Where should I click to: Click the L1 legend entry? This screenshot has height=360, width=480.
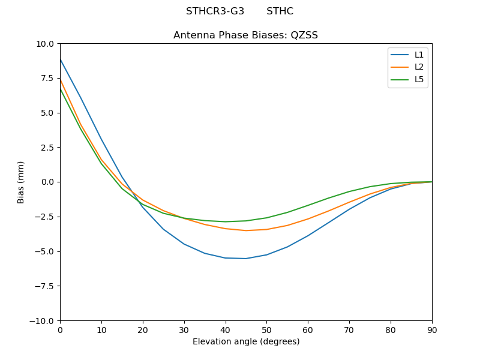419,55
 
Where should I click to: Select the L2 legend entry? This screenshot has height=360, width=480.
419,67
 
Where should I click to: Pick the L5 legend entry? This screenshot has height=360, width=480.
419,79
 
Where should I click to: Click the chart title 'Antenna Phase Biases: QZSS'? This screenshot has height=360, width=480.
245,35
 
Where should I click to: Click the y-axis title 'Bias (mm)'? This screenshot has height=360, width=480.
21,182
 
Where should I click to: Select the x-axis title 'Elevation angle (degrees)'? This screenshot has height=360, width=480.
245,342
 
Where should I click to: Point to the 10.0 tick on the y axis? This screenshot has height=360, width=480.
46,44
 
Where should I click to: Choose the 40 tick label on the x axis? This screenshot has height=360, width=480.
225,330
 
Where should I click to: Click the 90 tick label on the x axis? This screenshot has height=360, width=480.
431,330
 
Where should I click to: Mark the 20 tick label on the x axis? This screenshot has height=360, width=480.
143,330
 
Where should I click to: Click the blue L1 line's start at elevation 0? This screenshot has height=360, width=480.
60,59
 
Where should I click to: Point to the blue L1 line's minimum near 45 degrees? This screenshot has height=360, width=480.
246,259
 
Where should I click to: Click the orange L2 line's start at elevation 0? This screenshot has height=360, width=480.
60,79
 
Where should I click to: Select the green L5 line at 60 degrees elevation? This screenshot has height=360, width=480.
308,205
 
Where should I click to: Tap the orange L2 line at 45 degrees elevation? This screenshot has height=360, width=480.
246,230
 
